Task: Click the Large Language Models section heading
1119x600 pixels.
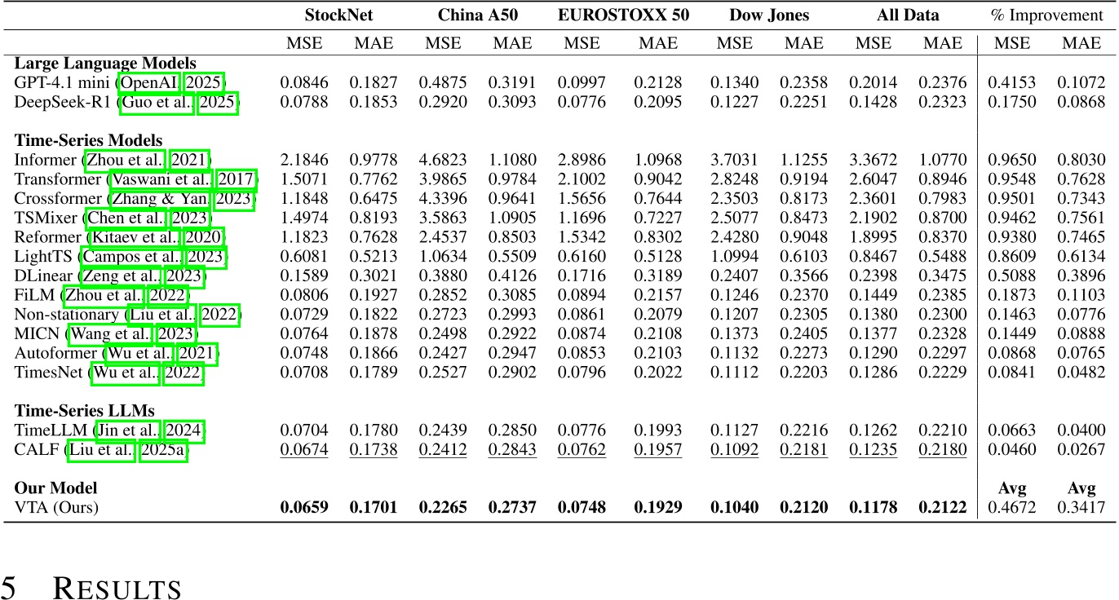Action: point(105,64)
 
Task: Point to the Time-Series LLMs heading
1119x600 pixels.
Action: point(84,410)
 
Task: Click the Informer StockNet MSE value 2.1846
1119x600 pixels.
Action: point(303,160)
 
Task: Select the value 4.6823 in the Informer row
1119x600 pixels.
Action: point(443,160)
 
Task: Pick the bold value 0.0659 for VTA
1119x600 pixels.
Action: point(303,508)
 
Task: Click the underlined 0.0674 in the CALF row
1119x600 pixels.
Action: point(303,449)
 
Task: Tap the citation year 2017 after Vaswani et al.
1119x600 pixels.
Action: point(237,179)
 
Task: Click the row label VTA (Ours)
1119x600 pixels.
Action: point(56,508)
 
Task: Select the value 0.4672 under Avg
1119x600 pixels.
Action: point(1012,508)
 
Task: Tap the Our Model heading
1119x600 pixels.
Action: point(56,487)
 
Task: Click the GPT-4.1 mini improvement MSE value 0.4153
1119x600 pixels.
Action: point(1012,82)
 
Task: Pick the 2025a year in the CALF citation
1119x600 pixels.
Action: point(163,449)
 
